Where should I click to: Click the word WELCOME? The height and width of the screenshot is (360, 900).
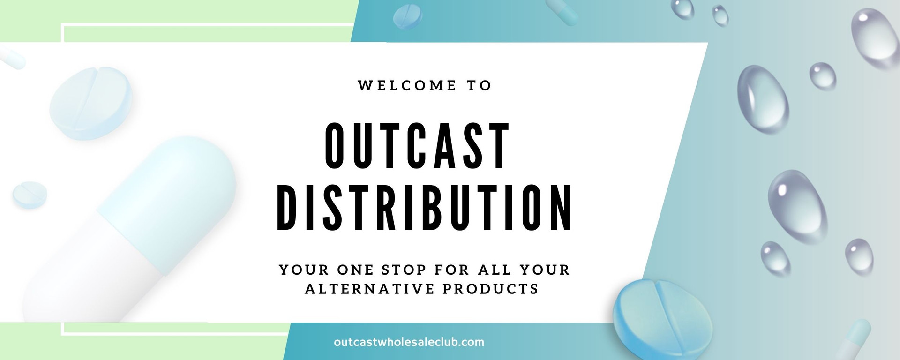(x=406, y=86)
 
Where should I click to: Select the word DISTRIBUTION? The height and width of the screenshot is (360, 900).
(x=425, y=208)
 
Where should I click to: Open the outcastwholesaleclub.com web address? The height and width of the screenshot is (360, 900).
(x=409, y=342)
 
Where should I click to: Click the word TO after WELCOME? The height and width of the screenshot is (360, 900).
(x=479, y=86)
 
